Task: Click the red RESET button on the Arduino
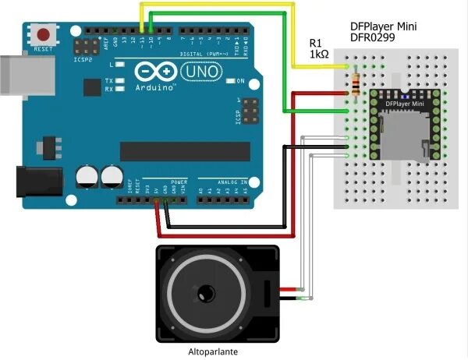tap(44, 35)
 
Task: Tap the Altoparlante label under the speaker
tap(212, 351)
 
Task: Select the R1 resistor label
tap(316, 43)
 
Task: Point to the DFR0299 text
tap(373, 38)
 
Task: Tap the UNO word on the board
tap(195, 72)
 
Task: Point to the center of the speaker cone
tap(206, 293)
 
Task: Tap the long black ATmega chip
tap(185, 151)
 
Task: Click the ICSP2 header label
tap(83, 58)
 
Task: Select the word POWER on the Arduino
tap(179, 179)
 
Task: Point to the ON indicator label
tap(240, 82)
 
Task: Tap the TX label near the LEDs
tap(109, 80)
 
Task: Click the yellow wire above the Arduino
tap(218, 5)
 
